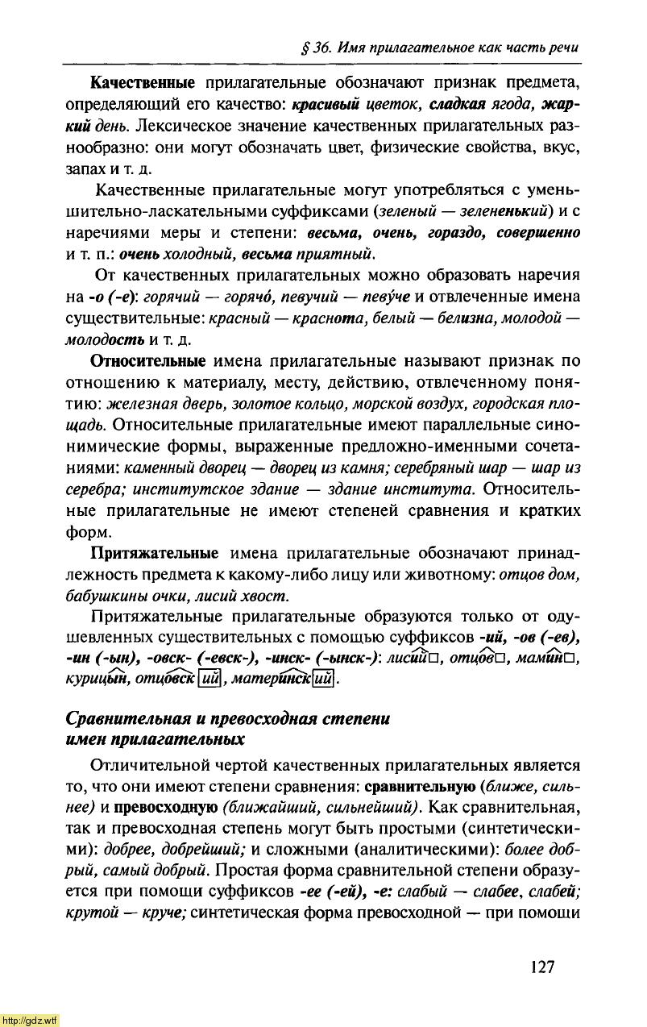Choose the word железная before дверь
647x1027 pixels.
(x=141, y=403)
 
